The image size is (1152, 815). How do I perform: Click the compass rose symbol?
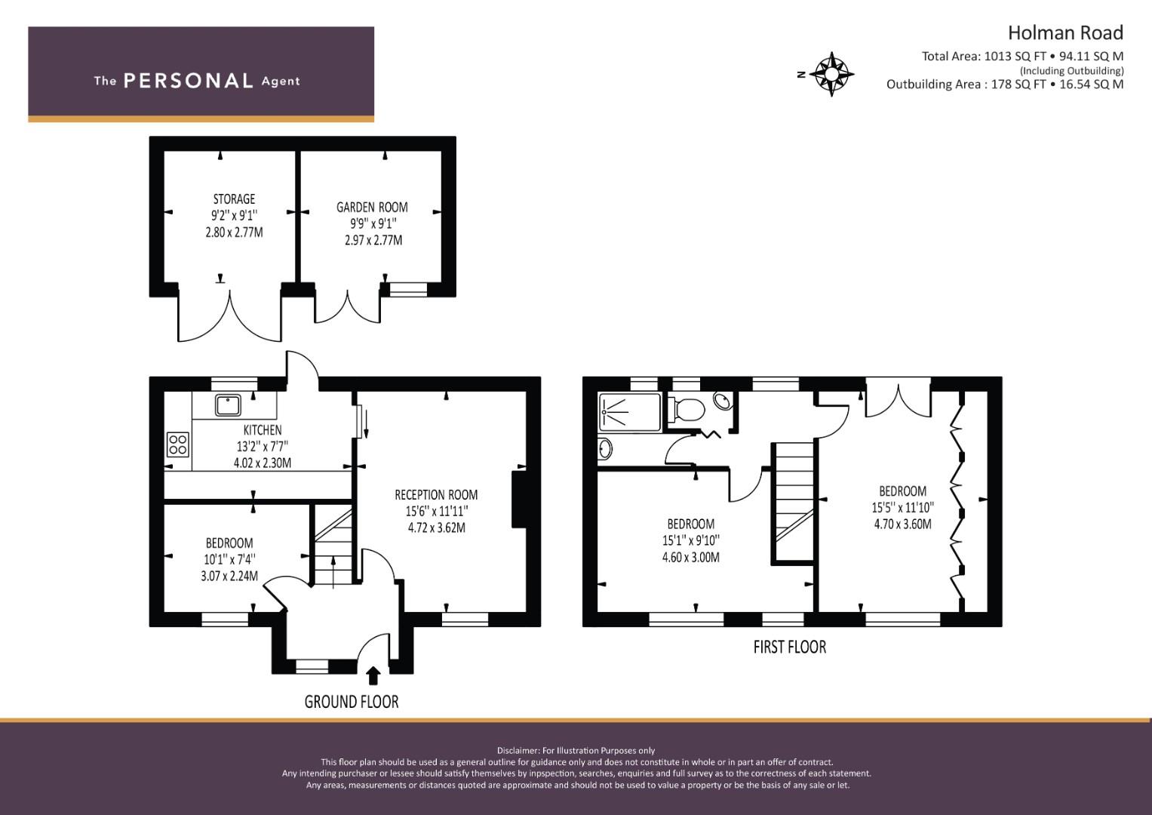(x=831, y=74)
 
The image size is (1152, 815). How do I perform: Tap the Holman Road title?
(x=1065, y=33)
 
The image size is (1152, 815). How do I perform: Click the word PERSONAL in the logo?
(x=189, y=81)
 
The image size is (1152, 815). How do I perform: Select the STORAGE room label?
(x=234, y=198)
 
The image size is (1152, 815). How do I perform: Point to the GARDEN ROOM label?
(x=372, y=207)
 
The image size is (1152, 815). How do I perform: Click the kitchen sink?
(x=229, y=405)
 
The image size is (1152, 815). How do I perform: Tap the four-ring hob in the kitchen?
(x=178, y=444)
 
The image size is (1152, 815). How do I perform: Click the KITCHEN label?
(x=263, y=429)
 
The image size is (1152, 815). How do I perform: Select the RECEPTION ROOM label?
(x=436, y=494)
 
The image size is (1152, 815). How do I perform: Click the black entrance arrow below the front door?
(x=373, y=675)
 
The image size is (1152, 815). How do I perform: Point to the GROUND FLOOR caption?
(x=352, y=702)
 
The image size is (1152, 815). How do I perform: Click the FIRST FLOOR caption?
(x=789, y=647)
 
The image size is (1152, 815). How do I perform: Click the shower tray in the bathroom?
(x=629, y=412)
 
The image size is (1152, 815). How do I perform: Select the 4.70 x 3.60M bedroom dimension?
(x=902, y=524)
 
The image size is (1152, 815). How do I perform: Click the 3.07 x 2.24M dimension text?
(x=229, y=576)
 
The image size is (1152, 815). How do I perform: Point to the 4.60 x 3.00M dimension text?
(x=691, y=557)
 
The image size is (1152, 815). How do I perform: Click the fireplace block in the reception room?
(x=518, y=499)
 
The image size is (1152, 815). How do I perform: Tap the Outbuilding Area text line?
(x=1005, y=85)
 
